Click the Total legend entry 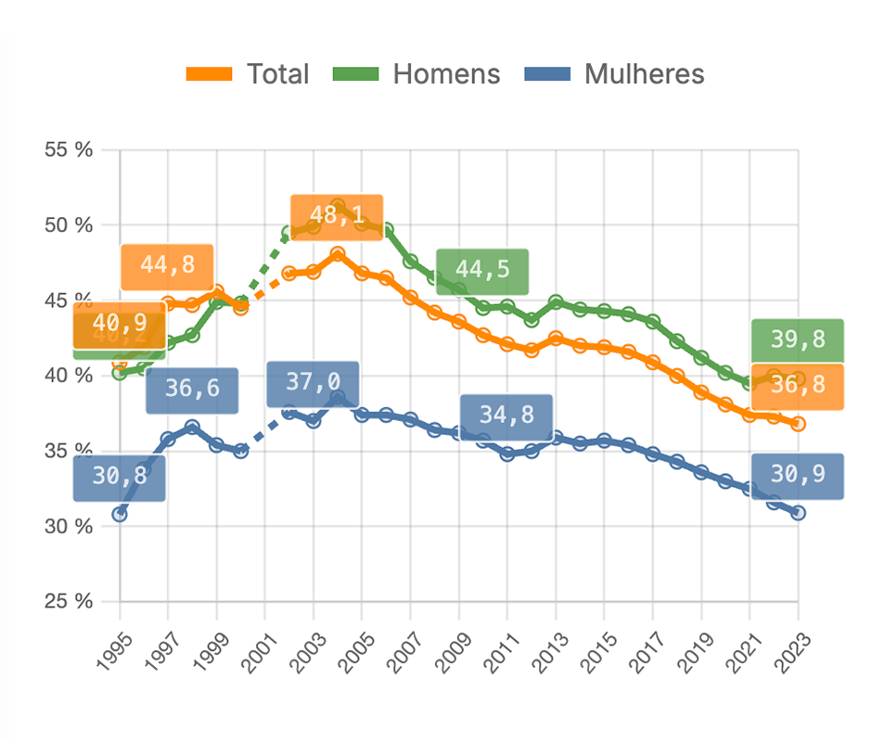(248, 74)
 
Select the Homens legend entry (417, 74)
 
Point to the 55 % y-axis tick (70, 149)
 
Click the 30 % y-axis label (70, 526)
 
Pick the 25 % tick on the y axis (70, 601)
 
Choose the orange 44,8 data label (167, 265)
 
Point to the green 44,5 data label (481, 271)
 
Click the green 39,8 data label (797, 340)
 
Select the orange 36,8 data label (797, 386)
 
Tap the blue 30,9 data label (797, 476)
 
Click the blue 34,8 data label (507, 416)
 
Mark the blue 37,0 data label (312, 383)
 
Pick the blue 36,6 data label (192, 390)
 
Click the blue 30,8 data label (120, 478)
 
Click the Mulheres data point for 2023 (798, 513)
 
